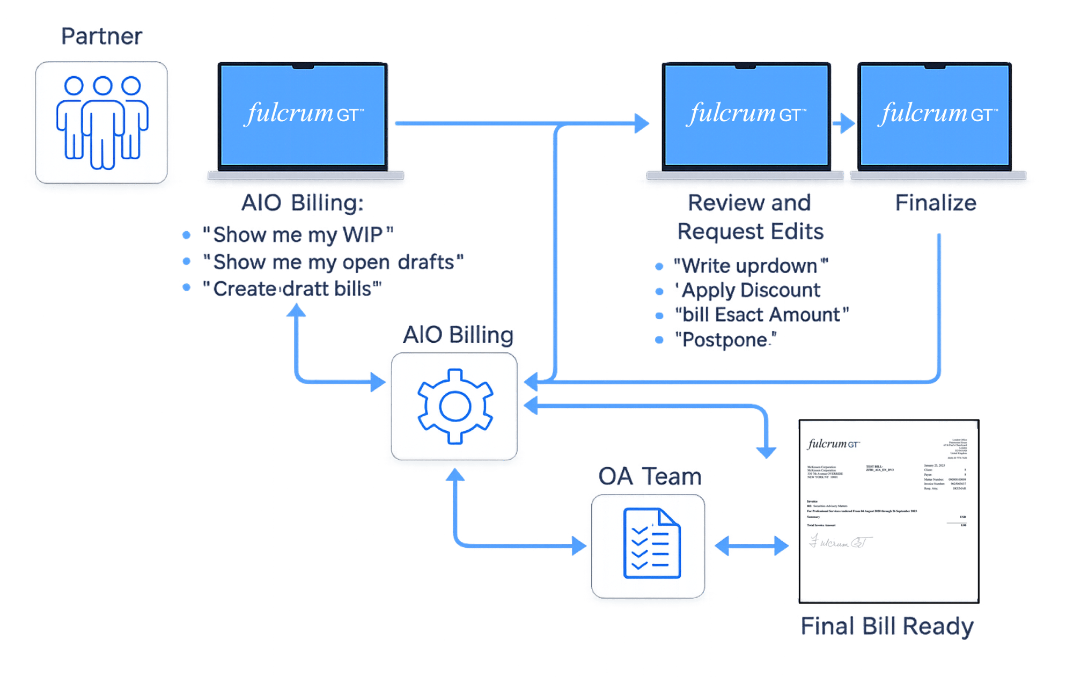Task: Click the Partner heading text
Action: click(x=101, y=36)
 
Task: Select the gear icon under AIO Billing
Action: click(x=455, y=406)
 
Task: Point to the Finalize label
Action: click(x=936, y=203)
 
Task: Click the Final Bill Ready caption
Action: click(x=887, y=627)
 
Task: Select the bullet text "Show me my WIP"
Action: click(x=298, y=234)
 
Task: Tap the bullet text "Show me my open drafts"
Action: click(x=333, y=262)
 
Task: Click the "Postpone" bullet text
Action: click(x=725, y=340)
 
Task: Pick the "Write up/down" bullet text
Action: click(x=751, y=266)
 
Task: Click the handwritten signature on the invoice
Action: click(x=840, y=542)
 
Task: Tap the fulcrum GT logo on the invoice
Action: click(x=833, y=444)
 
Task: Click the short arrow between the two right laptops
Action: click(x=844, y=123)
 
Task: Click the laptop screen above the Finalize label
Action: click(x=935, y=115)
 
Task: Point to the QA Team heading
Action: click(x=650, y=476)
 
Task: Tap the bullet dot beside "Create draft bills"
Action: click(x=186, y=287)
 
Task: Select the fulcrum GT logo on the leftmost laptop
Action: click(x=304, y=114)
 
